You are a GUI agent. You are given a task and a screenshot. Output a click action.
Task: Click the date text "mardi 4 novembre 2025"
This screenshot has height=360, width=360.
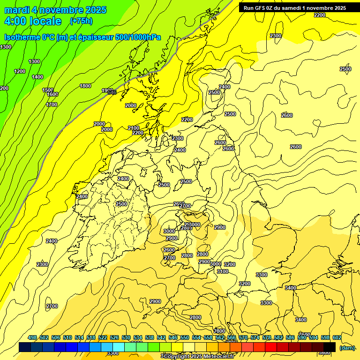click(x=55, y=10)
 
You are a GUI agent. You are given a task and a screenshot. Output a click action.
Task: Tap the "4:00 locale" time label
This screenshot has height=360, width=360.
click(x=33, y=21)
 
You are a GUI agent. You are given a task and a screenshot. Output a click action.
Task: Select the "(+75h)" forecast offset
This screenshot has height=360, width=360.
click(x=81, y=21)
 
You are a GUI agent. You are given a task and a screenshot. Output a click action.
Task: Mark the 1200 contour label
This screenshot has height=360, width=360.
click(x=20, y=71)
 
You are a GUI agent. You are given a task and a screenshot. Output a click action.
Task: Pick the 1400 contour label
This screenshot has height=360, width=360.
click(x=37, y=77)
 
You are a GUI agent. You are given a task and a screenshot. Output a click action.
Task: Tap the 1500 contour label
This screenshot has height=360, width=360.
click(x=48, y=90)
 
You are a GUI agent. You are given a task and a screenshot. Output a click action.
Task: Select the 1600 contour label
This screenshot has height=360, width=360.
click(x=52, y=94)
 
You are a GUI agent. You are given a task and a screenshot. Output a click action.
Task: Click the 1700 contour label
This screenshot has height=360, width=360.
click(x=52, y=105)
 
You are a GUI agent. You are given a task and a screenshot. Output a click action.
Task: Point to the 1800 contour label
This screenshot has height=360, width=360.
click(x=85, y=86)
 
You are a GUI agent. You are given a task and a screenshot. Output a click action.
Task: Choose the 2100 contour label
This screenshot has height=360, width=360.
click(x=134, y=128)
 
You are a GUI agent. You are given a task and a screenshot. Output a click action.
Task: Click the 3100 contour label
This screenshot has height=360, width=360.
click(x=223, y=271)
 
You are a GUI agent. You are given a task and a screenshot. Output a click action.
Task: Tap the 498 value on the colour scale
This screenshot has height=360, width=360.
click(x=32, y=337)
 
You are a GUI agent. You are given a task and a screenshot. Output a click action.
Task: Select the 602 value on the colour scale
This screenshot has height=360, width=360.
click(x=337, y=337)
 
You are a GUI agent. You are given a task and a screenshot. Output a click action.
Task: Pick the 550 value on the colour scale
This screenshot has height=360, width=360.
click(x=185, y=337)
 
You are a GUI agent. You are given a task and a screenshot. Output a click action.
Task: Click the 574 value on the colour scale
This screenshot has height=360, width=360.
click(x=255, y=337)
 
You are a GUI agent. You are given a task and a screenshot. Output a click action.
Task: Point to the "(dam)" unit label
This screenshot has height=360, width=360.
click(x=347, y=347)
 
